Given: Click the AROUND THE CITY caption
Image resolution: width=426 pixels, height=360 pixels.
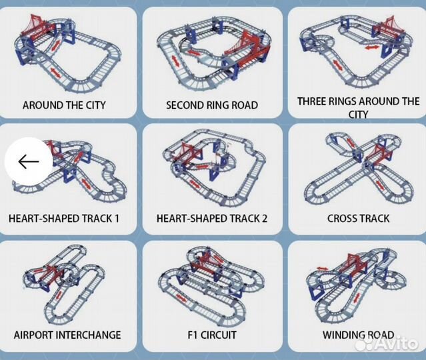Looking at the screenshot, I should [x=64, y=105].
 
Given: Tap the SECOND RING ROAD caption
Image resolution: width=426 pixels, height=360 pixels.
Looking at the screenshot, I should [x=212, y=105].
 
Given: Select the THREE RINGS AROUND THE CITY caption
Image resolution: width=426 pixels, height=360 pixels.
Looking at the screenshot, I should [x=358, y=107].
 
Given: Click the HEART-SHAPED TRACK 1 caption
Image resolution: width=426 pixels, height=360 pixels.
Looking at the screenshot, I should [x=64, y=218].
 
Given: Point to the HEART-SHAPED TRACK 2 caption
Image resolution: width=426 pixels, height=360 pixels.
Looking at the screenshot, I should [x=212, y=218].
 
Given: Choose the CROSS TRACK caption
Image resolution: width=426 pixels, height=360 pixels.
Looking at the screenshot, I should [x=358, y=218].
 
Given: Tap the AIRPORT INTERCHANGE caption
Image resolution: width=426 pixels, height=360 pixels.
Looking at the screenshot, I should [x=67, y=335].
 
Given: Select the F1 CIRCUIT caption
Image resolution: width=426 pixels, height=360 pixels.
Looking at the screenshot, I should [x=212, y=335].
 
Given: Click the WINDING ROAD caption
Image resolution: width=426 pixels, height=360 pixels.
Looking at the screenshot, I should [x=358, y=335].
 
